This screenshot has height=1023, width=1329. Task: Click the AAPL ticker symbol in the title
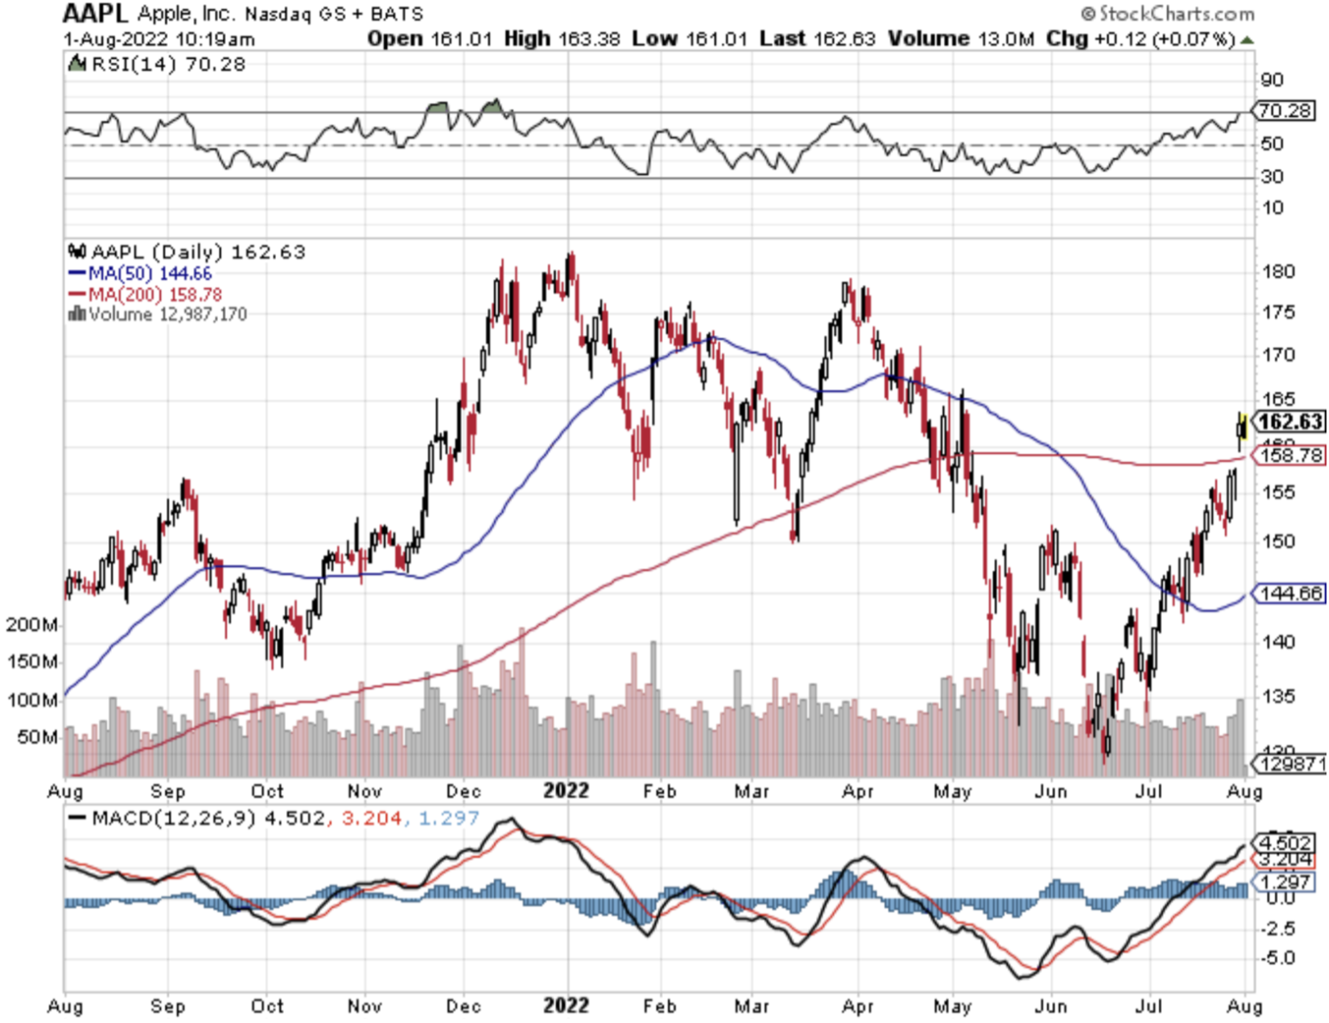(95, 14)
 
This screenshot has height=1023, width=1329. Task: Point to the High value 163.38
(589, 39)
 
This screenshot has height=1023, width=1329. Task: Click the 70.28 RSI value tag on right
(1285, 111)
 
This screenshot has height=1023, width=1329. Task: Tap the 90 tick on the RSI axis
(1272, 80)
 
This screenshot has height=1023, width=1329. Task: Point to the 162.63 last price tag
(1290, 422)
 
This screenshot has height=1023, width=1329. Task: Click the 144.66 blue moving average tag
(1290, 594)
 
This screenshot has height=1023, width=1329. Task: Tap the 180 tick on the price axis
(1278, 272)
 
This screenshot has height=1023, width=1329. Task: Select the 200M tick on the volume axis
(32, 625)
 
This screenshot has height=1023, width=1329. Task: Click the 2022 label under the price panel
(566, 791)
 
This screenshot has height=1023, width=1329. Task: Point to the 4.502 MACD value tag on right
(1286, 843)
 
